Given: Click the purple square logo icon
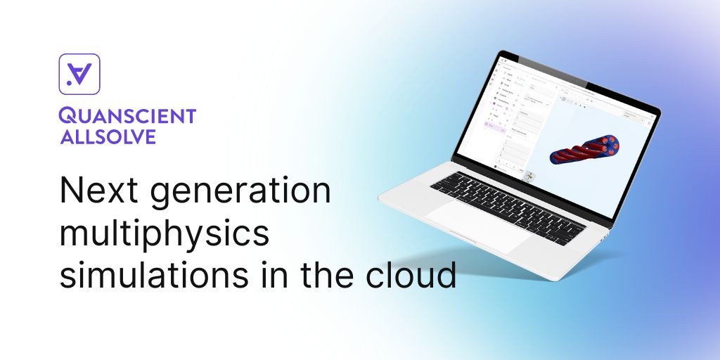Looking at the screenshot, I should click(x=79, y=74).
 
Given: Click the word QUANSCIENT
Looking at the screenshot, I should click(x=127, y=117).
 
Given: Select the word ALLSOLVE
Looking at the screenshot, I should click(x=108, y=136).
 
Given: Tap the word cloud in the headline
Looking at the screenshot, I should click(x=417, y=275).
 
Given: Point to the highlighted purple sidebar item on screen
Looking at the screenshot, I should click(x=496, y=125).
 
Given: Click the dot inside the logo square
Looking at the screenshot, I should click(x=69, y=83).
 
